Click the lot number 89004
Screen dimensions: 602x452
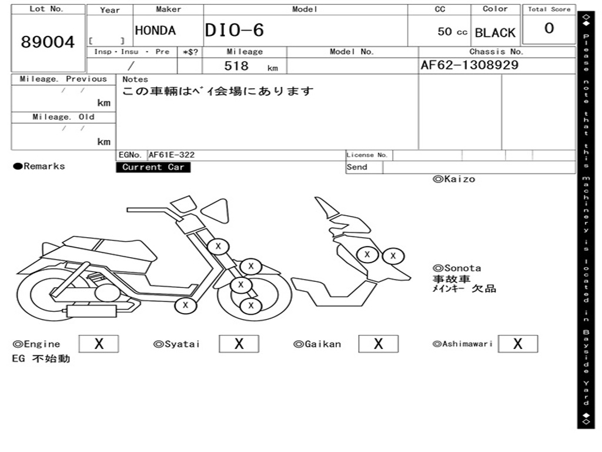[48, 42]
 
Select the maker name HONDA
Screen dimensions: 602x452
[155, 31]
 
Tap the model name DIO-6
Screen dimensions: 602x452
[235, 30]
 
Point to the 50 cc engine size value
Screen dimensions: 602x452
[452, 32]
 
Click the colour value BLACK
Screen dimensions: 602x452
[495, 33]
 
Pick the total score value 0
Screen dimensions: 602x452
[549, 29]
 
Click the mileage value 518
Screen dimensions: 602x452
[236, 66]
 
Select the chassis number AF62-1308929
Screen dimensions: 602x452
[470, 65]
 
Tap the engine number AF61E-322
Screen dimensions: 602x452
[172, 155]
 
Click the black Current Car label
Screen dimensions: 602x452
[153, 167]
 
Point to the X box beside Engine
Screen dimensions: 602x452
[99, 344]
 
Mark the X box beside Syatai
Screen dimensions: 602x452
[239, 344]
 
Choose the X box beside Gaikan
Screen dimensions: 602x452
[379, 344]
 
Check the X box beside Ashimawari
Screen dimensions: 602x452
[518, 344]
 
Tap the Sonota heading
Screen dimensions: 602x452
[457, 268]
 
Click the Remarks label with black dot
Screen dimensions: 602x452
[39, 167]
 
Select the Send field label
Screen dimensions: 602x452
[357, 167]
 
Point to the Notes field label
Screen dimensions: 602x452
[135, 79]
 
